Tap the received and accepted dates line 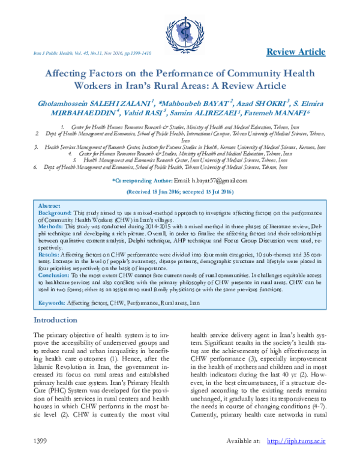(x=180, y=192)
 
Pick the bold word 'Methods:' (x=51, y=226)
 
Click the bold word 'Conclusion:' (x=56, y=276)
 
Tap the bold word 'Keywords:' (x=52, y=304)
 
